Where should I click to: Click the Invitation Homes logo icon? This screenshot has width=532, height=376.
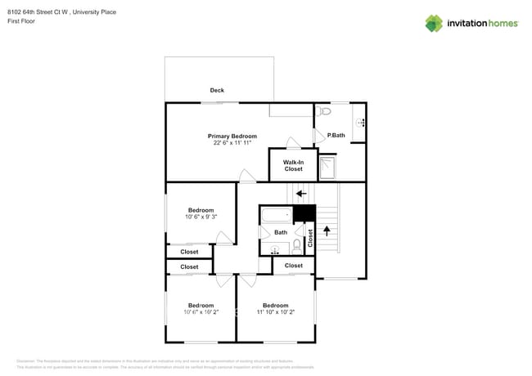pyautogui.click(x=434, y=24)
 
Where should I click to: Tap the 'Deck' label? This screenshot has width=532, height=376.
pyautogui.click(x=217, y=91)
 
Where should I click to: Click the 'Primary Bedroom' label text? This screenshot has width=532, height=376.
pyautogui.click(x=232, y=136)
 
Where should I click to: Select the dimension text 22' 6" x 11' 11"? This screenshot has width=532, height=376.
pyautogui.click(x=232, y=143)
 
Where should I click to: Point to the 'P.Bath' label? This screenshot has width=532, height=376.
pyautogui.click(x=336, y=135)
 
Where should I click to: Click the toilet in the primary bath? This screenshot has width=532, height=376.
pyautogui.click(x=325, y=110)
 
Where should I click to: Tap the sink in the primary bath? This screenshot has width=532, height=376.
pyautogui.click(x=360, y=123)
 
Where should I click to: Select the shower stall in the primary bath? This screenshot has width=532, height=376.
pyautogui.click(x=327, y=168)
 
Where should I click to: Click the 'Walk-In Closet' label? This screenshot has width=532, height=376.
pyautogui.click(x=293, y=165)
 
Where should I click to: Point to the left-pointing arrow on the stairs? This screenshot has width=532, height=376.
pyautogui.click(x=301, y=194)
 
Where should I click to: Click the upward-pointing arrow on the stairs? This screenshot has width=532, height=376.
pyautogui.click(x=327, y=231)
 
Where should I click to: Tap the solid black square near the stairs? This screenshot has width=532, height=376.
pyautogui.click(x=304, y=213)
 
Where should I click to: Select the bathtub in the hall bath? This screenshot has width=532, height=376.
pyautogui.click(x=276, y=216)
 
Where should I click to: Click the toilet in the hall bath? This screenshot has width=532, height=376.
pyautogui.click(x=296, y=244)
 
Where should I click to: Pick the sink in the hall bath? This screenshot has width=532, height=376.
pyautogui.click(x=275, y=250)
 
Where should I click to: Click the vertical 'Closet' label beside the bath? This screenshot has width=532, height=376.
pyautogui.click(x=310, y=238)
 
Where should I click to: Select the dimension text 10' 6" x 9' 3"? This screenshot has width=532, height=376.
pyautogui.click(x=201, y=217)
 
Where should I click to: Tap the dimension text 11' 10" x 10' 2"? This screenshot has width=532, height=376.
pyautogui.click(x=275, y=312)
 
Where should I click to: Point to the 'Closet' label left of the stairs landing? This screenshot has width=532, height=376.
pyautogui.click(x=294, y=266)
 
